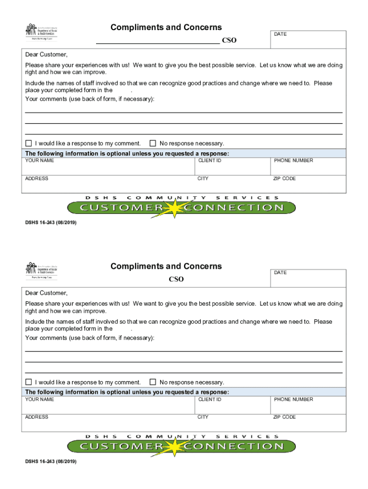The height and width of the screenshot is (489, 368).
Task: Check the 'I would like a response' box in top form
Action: point(29,143)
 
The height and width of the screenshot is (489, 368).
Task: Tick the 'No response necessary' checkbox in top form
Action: point(153,143)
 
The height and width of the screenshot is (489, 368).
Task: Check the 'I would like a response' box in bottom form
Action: point(29,382)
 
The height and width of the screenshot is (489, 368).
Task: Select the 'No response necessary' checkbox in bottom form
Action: point(153,382)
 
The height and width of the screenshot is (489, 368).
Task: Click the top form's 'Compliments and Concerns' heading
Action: point(166,28)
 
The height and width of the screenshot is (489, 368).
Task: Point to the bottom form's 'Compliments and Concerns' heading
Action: point(166,266)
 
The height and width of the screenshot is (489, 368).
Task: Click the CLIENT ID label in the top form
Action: point(209,161)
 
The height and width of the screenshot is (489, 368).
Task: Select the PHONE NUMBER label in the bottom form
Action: point(293,400)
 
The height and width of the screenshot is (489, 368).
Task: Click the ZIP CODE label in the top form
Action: point(284,179)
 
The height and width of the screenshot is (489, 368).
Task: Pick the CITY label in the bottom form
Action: point(203,417)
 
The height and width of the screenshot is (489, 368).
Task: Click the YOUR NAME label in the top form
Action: point(40,161)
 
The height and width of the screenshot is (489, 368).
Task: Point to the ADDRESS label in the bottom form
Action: point(37,417)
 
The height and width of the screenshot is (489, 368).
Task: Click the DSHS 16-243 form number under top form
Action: point(51,223)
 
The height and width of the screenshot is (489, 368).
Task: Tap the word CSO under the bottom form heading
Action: point(176,279)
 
